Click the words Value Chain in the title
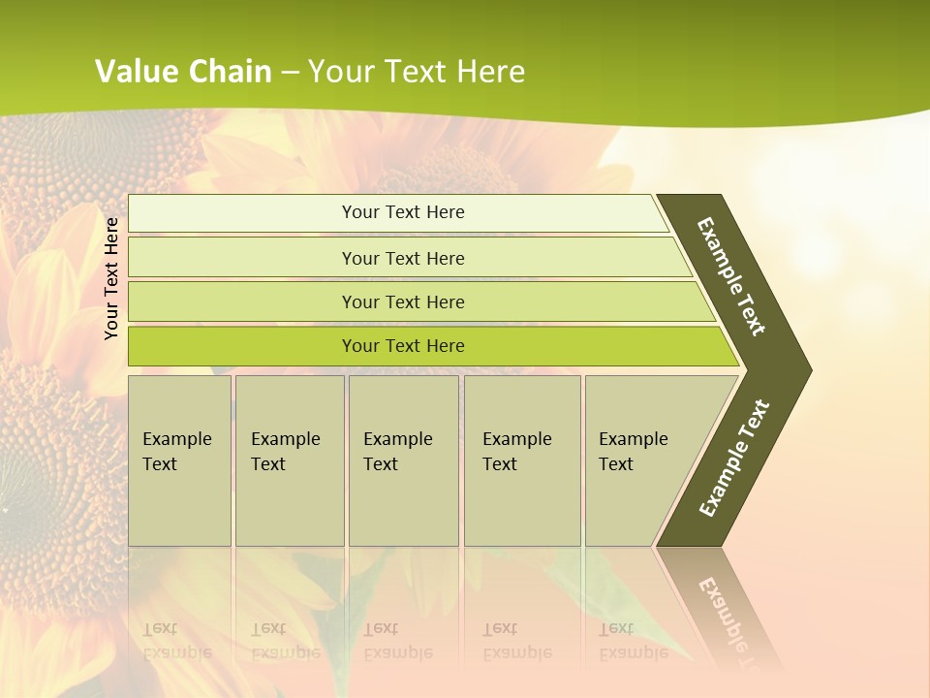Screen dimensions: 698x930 183,71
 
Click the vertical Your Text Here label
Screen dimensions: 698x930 111,278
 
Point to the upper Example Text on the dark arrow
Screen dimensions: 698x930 731,276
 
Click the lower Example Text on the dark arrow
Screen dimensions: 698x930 733,459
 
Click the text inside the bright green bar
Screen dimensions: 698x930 403,346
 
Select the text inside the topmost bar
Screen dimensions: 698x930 403,212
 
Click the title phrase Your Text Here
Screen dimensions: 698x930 417,71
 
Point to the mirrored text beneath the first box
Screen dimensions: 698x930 177,640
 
